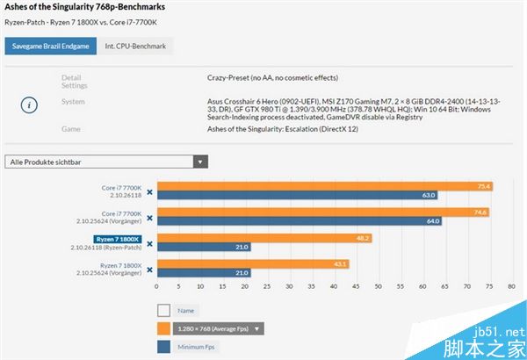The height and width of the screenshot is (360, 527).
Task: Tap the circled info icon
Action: point(29,104)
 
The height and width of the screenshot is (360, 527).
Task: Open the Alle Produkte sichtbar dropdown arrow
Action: point(201,162)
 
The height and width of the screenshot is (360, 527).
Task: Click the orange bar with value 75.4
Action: point(324,186)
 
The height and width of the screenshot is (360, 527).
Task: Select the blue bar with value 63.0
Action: point(298,196)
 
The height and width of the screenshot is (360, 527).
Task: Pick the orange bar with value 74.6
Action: point(322,212)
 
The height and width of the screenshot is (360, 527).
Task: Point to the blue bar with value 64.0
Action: point(300,221)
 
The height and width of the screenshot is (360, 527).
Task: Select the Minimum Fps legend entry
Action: point(195,346)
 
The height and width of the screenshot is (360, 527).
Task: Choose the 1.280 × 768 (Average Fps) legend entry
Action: point(214,328)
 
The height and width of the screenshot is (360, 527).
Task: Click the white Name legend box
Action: point(163,310)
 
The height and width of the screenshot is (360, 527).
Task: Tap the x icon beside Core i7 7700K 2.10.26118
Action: point(149,191)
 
